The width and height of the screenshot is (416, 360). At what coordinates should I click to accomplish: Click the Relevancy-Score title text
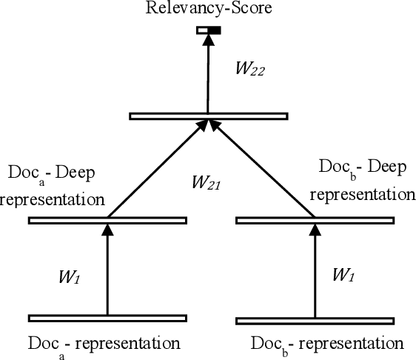click(208, 10)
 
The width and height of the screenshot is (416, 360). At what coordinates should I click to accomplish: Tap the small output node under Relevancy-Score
click(208, 30)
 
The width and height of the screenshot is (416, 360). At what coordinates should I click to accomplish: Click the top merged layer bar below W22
click(208, 116)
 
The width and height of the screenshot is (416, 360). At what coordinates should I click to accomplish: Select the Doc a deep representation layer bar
click(107, 220)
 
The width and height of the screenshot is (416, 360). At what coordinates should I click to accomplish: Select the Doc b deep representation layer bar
click(315, 220)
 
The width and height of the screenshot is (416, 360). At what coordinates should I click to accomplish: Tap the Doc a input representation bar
click(107, 319)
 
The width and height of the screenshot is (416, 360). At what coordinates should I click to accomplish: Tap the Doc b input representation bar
click(315, 321)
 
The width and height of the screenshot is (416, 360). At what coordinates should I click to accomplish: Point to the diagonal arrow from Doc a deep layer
click(156, 169)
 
